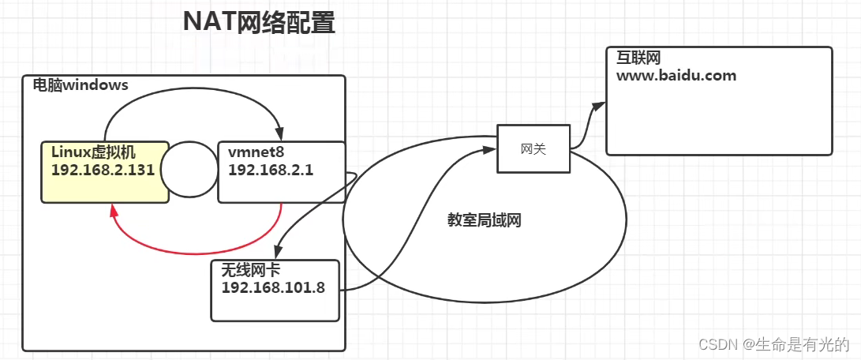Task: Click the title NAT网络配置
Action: (x=259, y=23)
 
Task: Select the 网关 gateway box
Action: (x=533, y=148)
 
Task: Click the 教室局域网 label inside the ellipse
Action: (x=485, y=220)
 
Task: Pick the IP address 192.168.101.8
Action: (x=273, y=287)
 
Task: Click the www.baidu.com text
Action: (x=677, y=77)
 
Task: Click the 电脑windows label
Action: (x=80, y=85)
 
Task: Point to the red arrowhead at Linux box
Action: (x=114, y=209)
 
